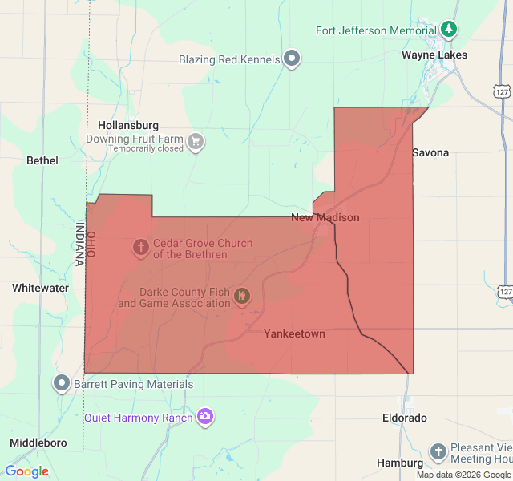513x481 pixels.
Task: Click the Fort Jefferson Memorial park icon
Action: click(x=450, y=30)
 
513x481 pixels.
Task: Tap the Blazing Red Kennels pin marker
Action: click(x=293, y=59)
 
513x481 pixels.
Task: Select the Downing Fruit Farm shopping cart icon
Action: click(x=195, y=143)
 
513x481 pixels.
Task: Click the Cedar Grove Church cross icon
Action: click(x=140, y=248)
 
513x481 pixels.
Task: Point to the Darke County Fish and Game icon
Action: click(x=241, y=297)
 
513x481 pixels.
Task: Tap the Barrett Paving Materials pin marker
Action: click(x=63, y=383)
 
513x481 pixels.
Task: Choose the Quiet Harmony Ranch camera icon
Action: click(x=205, y=417)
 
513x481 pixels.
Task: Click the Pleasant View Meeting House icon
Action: click(x=438, y=452)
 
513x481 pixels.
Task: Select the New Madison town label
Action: click(x=325, y=217)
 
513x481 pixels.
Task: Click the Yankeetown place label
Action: click(x=294, y=333)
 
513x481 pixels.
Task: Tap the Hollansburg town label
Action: click(x=128, y=126)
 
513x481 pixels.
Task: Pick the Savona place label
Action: click(x=430, y=152)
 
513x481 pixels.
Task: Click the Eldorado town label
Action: click(x=404, y=418)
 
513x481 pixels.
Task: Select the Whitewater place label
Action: click(x=40, y=288)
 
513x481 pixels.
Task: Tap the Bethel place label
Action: click(x=42, y=160)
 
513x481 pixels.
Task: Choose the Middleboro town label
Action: click(x=38, y=443)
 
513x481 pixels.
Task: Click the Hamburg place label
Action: click(x=399, y=463)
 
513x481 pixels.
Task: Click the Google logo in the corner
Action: click(x=26, y=471)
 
